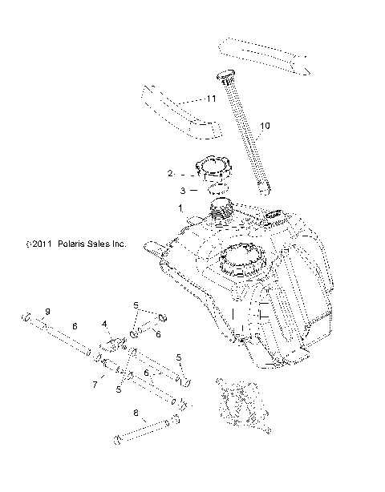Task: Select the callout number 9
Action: [47, 311]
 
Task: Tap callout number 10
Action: [266, 125]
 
